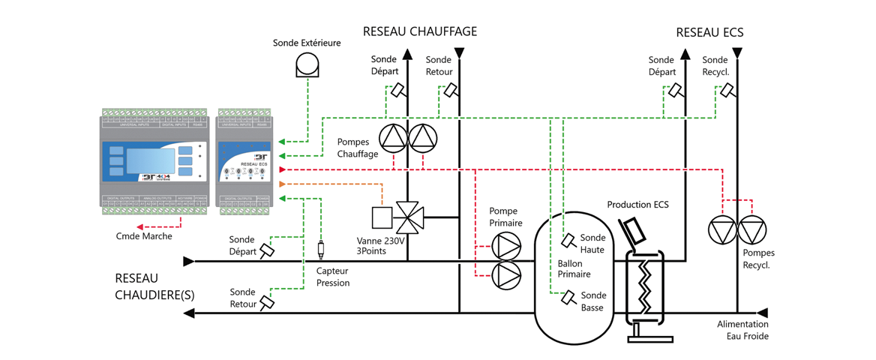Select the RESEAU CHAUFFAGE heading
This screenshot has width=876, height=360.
pyautogui.click(x=420, y=31)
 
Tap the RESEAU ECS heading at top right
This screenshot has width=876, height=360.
pyautogui.click(x=709, y=32)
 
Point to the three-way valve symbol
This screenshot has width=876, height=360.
pyautogui.click(x=409, y=217)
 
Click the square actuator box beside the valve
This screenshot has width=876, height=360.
pyautogui.click(x=383, y=217)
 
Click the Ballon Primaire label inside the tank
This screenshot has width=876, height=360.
pyautogui.click(x=574, y=268)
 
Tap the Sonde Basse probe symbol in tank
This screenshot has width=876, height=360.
pyautogui.click(x=569, y=298)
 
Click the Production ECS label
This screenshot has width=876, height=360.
pyautogui.click(x=637, y=205)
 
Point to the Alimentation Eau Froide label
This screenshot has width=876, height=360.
pyautogui.click(x=742, y=330)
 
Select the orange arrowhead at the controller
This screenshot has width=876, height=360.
pyautogui.click(x=281, y=184)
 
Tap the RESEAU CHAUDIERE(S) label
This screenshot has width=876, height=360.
pyautogui.click(x=154, y=286)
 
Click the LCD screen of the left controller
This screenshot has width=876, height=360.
pyautogui.click(x=151, y=160)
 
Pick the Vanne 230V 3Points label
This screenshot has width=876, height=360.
pyautogui.click(x=380, y=245)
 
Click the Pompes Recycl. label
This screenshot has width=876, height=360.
pyautogui.click(x=758, y=259)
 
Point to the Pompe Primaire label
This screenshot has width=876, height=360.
pyautogui.click(x=505, y=217)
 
